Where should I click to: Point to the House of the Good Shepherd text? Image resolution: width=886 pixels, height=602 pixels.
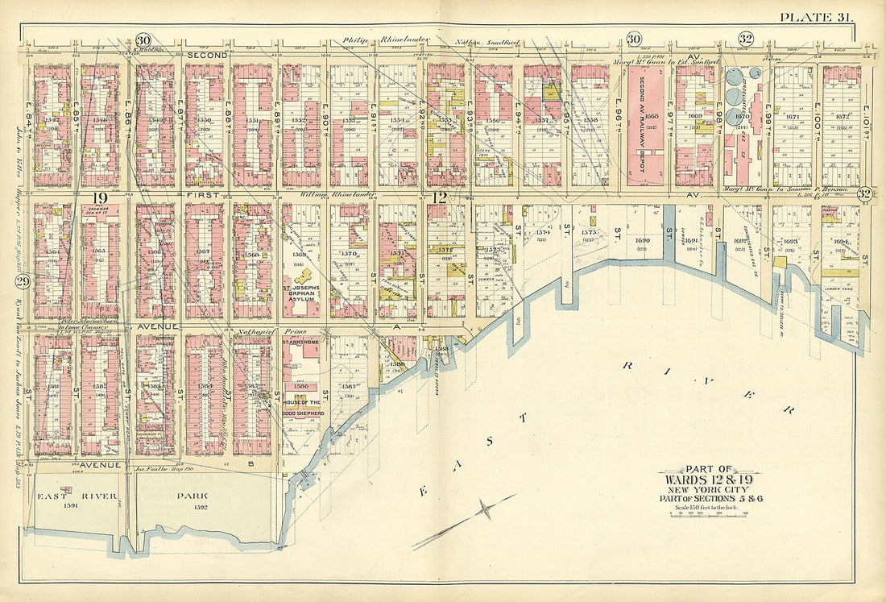[300, 407]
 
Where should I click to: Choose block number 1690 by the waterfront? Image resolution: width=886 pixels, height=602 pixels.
[642, 240]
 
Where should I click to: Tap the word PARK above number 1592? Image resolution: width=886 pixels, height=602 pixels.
[203, 496]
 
